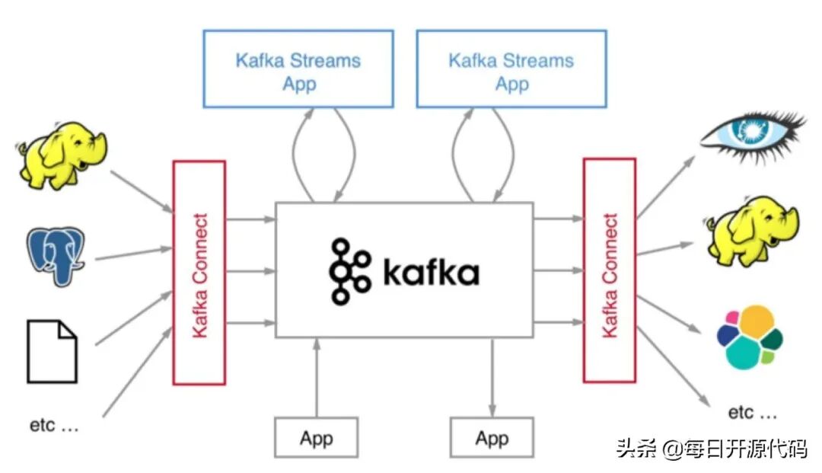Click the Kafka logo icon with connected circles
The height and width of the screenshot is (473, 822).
coord(349,271)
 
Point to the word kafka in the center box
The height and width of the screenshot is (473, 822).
coord(432,272)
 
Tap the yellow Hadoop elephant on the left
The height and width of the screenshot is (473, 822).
coord(62,155)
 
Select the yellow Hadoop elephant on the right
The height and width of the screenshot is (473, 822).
coord(752,231)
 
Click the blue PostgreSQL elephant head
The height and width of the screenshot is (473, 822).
coord(56,256)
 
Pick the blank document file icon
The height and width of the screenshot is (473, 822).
coord(53,351)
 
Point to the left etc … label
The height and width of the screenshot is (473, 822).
coord(54,425)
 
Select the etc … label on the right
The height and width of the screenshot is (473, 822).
coord(752,413)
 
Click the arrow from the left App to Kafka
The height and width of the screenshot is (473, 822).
coord(317,378)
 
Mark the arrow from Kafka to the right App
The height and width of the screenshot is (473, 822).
coord(492,378)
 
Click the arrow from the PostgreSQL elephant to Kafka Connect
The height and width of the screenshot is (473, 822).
coord(134,254)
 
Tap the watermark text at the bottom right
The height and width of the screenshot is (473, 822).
coord(712,449)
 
